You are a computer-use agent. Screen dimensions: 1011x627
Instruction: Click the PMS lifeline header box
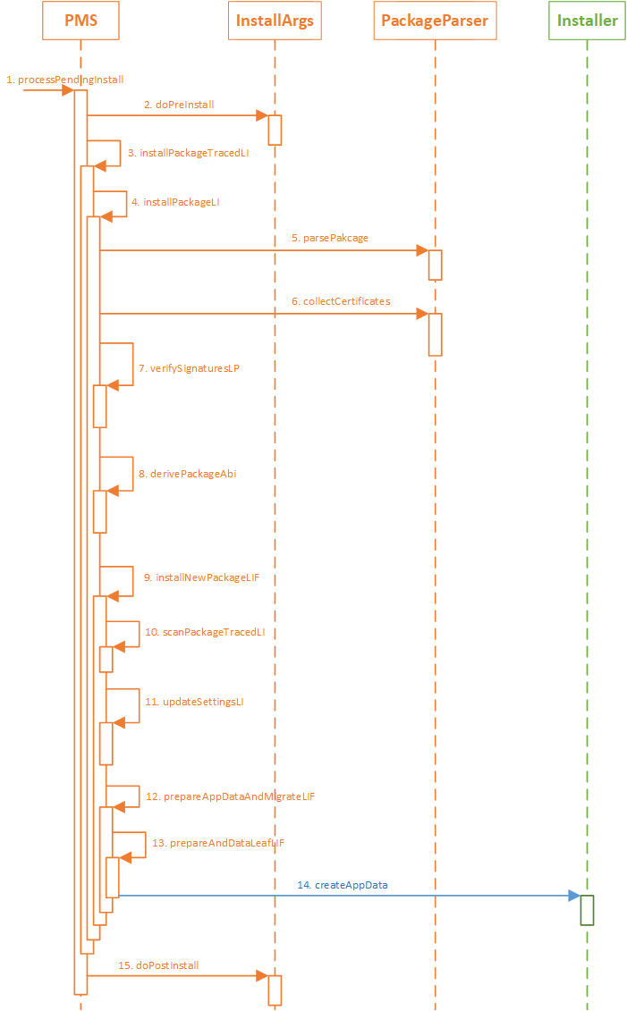[x=80, y=21]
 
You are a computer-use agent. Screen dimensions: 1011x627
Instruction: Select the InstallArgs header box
[x=275, y=21]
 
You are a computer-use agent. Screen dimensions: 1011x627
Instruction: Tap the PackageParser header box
[x=434, y=21]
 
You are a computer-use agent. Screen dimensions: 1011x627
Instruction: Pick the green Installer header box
[x=587, y=21]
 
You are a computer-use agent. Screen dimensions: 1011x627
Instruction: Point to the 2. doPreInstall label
[x=179, y=105]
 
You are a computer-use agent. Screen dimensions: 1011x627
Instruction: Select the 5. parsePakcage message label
[x=329, y=239]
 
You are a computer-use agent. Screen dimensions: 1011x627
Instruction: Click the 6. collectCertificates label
[x=341, y=301]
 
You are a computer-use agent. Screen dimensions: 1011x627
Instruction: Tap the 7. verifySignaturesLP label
[x=189, y=368]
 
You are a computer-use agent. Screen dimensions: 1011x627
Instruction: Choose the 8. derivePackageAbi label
[x=187, y=474]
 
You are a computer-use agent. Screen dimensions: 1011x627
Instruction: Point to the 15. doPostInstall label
[x=158, y=965]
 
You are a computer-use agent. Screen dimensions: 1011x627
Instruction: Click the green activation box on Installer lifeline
[x=587, y=909]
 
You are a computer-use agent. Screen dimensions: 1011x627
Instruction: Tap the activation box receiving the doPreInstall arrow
[x=275, y=130]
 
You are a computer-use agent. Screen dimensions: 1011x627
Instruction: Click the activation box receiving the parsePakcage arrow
[x=435, y=265]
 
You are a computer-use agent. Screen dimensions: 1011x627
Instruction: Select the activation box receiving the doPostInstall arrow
[x=275, y=990]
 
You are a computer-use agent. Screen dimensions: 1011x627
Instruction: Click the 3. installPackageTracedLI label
[x=188, y=153]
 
